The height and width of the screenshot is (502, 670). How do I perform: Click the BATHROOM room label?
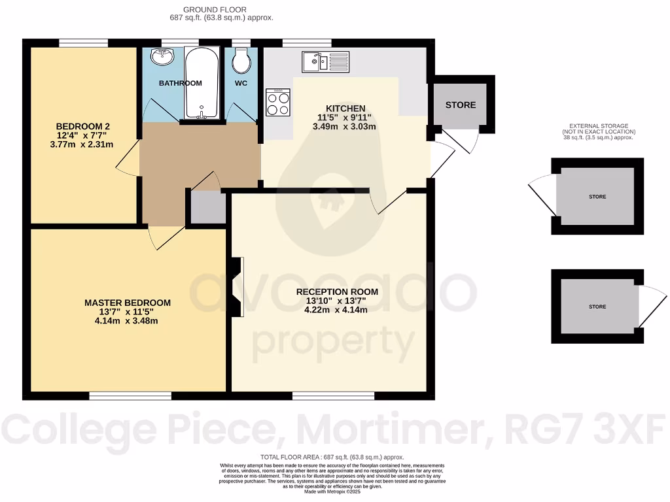pyautogui.click(x=180, y=83)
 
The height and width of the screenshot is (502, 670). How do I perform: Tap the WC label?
pyautogui.click(x=241, y=83)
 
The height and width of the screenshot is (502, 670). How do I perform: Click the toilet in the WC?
pyautogui.click(x=241, y=61)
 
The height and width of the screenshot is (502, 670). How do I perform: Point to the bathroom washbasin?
pyautogui.click(x=162, y=58)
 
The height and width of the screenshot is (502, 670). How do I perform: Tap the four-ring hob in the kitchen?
pyautogui.click(x=278, y=102)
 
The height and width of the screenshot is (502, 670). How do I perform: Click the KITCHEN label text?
pyautogui.click(x=345, y=109)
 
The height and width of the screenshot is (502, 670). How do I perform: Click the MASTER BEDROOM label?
pyautogui.click(x=128, y=303)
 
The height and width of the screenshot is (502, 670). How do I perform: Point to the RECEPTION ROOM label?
pyautogui.click(x=337, y=292)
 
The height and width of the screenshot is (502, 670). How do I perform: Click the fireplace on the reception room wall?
pyautogui.click(x=237, y=287)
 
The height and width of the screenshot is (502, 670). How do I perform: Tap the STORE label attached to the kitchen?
pyautogui.click(x=461, y=105)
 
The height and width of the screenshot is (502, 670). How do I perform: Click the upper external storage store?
pyautogui.click(x=597, y=196)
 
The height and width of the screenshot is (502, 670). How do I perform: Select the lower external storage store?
pyautogui.click(x=597, y=306)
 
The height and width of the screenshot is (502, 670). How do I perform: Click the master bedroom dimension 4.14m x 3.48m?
pyautogui.click(x=128, y=321)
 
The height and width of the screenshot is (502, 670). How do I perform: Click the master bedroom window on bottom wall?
pyautogui.click(x=130, y=395)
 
